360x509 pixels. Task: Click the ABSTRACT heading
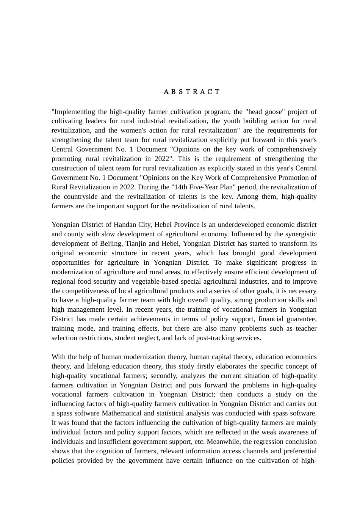(x=192, y=92)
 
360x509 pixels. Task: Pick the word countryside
(x=81, y=197)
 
